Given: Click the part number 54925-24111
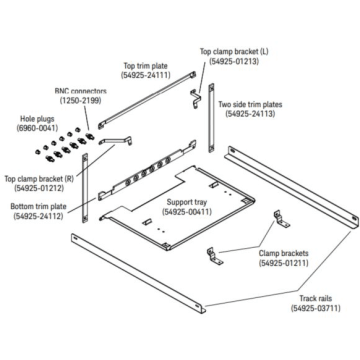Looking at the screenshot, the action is (x=146, y=75).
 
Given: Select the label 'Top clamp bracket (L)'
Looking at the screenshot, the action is (x=234, y=51).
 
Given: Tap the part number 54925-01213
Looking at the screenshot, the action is (x=234, y=61).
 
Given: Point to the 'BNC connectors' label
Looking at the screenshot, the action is (x=81, y=91).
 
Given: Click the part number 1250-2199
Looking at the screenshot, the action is (x=80, y=100).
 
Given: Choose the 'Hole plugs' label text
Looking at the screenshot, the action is (x=37, y=118).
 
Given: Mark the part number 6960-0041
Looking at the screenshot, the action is (x=37, y=127).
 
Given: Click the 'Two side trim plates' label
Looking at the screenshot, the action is (x=250, y=104).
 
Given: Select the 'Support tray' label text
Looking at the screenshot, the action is (x=187, y=202).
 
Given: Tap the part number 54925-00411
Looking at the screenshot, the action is (x=187, y=211).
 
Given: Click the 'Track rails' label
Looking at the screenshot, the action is (x=316, y=298).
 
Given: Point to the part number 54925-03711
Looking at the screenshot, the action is (x=316, y=308).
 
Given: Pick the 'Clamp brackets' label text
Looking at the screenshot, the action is (x=284, y=253).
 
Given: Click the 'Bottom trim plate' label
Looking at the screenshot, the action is (x=38, y=206).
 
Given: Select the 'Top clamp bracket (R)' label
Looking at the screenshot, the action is (x=39, y=178).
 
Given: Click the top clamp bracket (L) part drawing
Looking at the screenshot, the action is (x=195, y=99).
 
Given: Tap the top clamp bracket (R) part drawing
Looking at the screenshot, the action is (x=115, y=141).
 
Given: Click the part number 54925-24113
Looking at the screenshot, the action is (x=250, y=114).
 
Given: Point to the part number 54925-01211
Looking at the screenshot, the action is (x=284, y=263).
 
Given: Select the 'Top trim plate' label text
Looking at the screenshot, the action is (x=146, y=66).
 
